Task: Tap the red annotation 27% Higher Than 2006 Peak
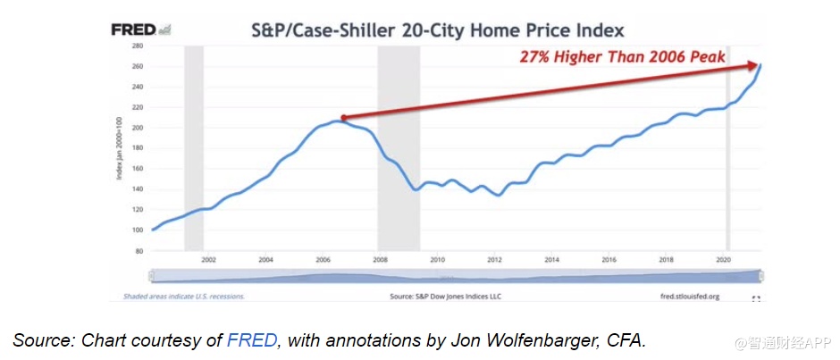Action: [625, 57]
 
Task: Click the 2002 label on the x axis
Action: [209, 260]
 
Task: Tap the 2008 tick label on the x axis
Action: [381, 260]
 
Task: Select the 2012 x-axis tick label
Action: [494, 260]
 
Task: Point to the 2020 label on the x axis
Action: [723, 260]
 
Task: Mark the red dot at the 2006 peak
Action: [342, 118]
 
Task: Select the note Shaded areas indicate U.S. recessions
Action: [183, 295]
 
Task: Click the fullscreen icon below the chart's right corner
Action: [756, 297]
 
